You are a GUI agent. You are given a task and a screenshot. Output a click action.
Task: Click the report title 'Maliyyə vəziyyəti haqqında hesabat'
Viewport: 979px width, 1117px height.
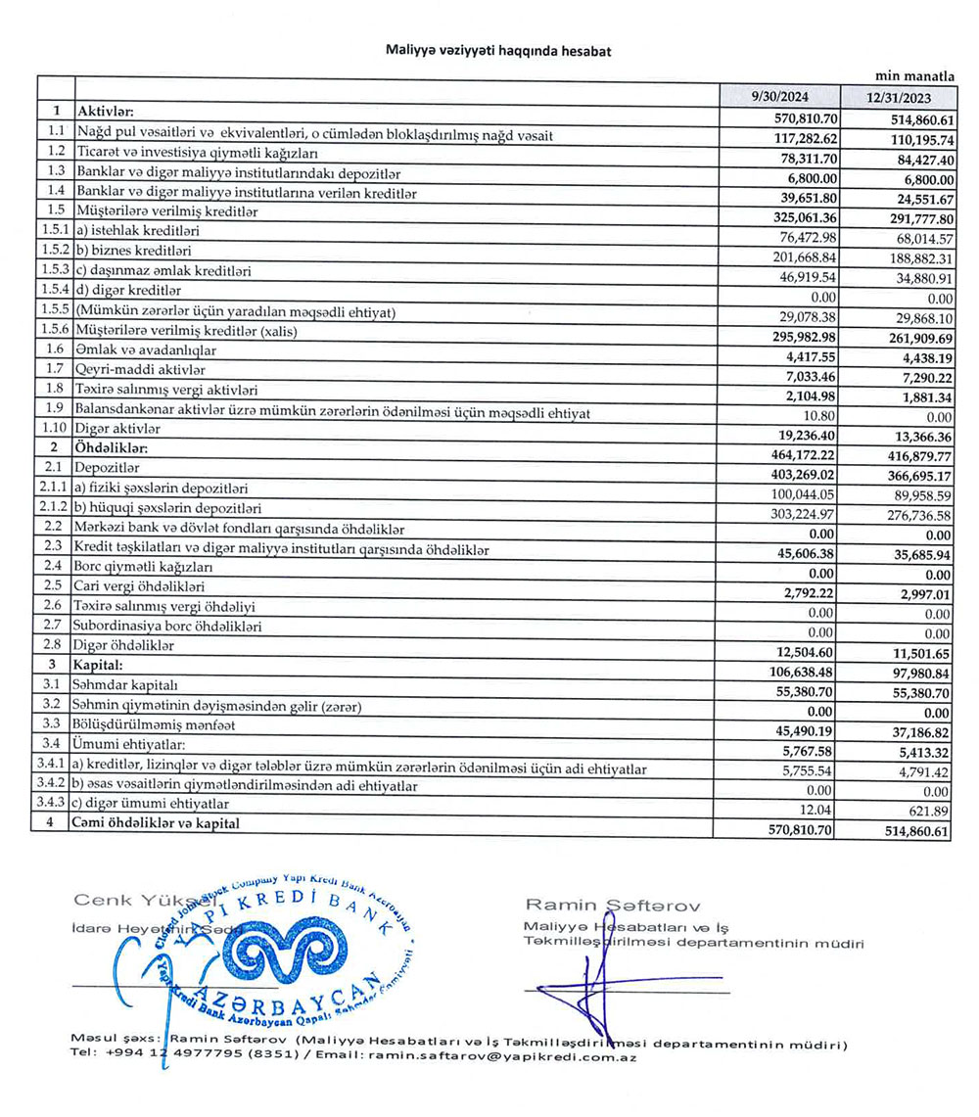click(x=498, y=51)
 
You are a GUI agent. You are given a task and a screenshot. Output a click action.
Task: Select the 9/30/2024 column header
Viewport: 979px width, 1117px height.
click(x=779, y=98)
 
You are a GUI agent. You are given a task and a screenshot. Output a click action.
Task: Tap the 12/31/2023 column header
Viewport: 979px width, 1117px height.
click(x=899, y=99)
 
